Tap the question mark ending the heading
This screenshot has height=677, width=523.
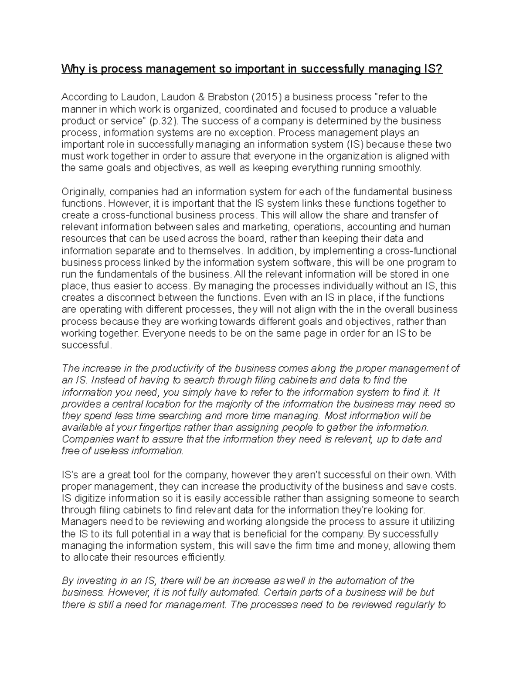(x=440, y=69)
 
